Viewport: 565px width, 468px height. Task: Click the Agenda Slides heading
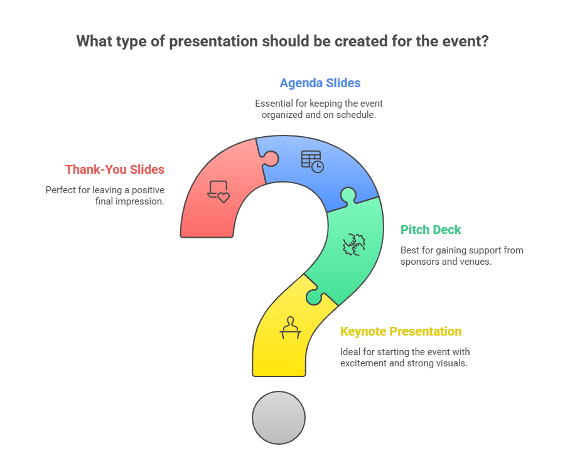pyautogui.click(x=320, y=83)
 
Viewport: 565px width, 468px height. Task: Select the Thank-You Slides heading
pyautogui.click(x=114, y=169)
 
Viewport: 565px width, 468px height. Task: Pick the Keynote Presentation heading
pyautogui.click(x=401, y=331)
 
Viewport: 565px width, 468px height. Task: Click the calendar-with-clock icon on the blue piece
pyautogui.click(x=312, y=161)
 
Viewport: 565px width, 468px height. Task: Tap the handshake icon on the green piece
pyautogui.click(x=354, y=244)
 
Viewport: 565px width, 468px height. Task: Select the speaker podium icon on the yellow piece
pyautogui.click(x=290, y=328)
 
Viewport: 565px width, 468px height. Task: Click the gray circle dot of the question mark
pyautogui.click(x=279, y=417)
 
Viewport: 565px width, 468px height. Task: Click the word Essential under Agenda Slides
pyautogui.click(x=275, y=103)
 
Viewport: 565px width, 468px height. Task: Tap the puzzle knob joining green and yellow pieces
pyautogui.click(x=313, y=297)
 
